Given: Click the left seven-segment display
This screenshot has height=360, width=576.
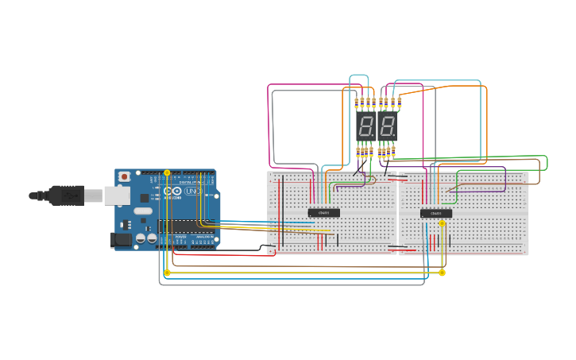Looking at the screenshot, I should pos(365,126).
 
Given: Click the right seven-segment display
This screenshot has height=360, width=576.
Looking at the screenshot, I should pos(387,126).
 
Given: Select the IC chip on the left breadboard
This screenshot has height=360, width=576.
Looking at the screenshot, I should pos(323,212).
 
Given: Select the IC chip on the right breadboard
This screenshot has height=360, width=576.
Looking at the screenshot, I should pos(435,213).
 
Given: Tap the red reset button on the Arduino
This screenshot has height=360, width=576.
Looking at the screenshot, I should pos(124,176).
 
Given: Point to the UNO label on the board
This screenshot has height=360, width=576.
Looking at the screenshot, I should pos(192,192).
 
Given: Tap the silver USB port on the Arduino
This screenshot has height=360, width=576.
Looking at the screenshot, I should pos(117,195).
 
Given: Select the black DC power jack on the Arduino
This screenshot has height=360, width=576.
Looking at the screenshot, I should pos(121,238).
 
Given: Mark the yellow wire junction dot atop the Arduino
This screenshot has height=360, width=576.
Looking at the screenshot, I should pos(167,172).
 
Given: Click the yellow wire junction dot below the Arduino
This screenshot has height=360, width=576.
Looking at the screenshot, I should pos(167,273).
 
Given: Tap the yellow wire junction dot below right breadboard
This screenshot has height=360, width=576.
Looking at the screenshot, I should pos(442,273).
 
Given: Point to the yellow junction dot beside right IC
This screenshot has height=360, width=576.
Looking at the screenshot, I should pos(443,224).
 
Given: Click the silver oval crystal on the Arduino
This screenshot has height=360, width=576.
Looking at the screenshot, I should pos(142,211).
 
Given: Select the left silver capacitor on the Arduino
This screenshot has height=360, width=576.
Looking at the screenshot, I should pos(141,238).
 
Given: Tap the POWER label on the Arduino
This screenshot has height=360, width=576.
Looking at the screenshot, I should pos(180,237).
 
